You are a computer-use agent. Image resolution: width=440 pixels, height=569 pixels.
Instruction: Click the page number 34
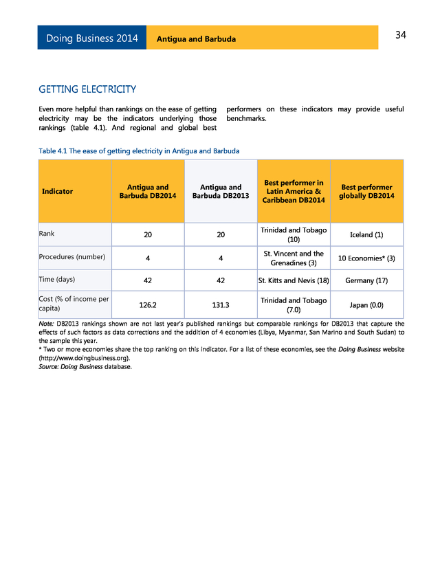pyautogui.click(x=400, y=35)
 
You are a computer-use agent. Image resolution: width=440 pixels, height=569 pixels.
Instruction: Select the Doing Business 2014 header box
pyautogui.click(x=92, y=38)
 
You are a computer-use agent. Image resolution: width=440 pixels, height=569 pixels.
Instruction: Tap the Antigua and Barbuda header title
pyautogui.click(x=196, y=39)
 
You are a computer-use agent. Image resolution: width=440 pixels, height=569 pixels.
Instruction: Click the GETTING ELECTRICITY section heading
pyautogui.click(x=87, y=89)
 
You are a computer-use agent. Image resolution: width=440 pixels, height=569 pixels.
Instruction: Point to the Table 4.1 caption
pyautogui.click(x=139, y=150)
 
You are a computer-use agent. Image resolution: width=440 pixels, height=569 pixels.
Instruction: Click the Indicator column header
pyautogui.click(x=58, y=191)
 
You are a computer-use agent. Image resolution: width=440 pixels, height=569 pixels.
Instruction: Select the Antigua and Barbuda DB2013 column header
pyautogui.click(x=221, y=191)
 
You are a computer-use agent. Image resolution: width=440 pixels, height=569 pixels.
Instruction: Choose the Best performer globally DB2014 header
pyautogui.click(x=366, y=191)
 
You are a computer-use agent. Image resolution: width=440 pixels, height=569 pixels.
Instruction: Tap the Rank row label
pyautogui.click(x=47, y=234)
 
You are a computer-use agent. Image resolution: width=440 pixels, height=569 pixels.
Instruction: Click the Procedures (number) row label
pyautogui.click(x=72, y=256)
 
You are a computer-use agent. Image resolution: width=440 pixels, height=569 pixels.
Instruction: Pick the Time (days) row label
pyautogui.click(x=57, y=280)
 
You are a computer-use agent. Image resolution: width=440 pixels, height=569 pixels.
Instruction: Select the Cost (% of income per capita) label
pyautogui.click(x=74, y=303)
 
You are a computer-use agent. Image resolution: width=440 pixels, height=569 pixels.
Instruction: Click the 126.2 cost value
pyautogui.click(x=148, y=304)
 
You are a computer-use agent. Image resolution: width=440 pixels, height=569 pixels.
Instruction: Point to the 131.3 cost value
pyautogui.click(x=221, y=304)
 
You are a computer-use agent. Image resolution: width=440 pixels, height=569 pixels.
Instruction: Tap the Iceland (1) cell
pyautogui.click(x=366, y=234)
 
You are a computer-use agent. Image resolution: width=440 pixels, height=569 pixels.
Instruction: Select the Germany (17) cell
pyautogui.click(x=366, y=280)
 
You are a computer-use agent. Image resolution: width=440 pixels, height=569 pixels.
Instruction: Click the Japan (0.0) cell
pyautogui.click(x=366, y=304)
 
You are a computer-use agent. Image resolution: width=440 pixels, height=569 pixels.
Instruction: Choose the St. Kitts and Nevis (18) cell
pyautogui.click(x=294, y=280)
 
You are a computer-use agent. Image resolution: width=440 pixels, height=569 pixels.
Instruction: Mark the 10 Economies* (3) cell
pyautogui.click(x=366, y=258)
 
